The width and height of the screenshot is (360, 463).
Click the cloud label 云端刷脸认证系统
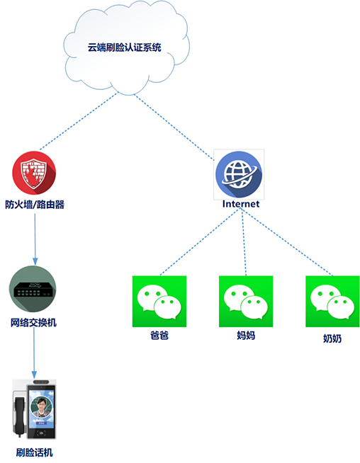pos(124,47)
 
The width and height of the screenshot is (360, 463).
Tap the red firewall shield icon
pos(34,173)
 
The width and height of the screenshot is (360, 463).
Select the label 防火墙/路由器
pos(35,205)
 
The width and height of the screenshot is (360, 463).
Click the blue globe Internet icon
pos(239,174)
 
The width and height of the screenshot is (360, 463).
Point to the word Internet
pos(241,204)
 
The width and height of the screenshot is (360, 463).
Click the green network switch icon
pos(33,289)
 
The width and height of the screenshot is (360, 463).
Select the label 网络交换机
pos(33,322)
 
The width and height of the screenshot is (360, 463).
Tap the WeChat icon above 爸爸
pos(159,301)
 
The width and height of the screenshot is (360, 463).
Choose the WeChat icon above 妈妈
pos(246,301)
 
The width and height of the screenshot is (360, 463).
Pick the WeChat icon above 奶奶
pos(332,301)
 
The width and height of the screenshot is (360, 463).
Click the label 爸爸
pos(159,336)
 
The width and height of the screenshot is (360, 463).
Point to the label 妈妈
pos(246,336)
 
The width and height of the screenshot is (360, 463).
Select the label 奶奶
pos(332,338)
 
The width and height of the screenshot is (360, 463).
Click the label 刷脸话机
pos(35,452)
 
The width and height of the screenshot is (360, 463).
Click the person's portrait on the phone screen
pos(41,407)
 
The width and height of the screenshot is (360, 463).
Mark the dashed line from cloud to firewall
pos(79,121)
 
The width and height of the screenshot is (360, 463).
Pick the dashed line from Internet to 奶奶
pos(287,242)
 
